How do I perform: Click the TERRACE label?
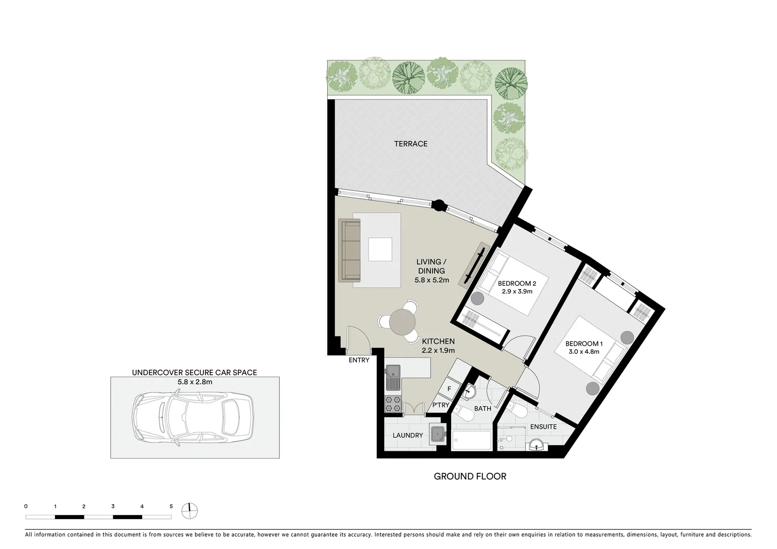pyautogui.click(x=411, y=144)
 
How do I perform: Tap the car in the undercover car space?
pyautogui.click(x=193, y=417)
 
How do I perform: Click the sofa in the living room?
pyautogui.click(x=350, y=250)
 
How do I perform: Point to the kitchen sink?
pyautogui.click(x=392, y=378)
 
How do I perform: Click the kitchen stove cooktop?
pyautogui.click(x=393, y=404)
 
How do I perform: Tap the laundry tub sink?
pyautogui.click(x=438, y=434)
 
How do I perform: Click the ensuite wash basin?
pyautogui.click(x=536, y=446)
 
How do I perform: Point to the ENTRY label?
pyautogui.click(x=359, y=360)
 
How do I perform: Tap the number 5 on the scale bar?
pyautogui.click(x=171, y=506)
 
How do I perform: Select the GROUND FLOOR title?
pyautogui.click(x=470, y=476)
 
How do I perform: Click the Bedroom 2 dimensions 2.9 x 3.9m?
pyautogui.click(x=517, y=292)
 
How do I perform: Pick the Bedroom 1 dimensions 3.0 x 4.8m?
pyautogui.click(x=584, y=351)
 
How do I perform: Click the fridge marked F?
pyautogui.click(x=449, y=389)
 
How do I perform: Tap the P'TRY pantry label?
pyautogui.click(x=441, y=405)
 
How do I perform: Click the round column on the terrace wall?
pyautogui.click(x=439, y=206)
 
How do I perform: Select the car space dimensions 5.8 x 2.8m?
pyautogui.click(x=194, y=382)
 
